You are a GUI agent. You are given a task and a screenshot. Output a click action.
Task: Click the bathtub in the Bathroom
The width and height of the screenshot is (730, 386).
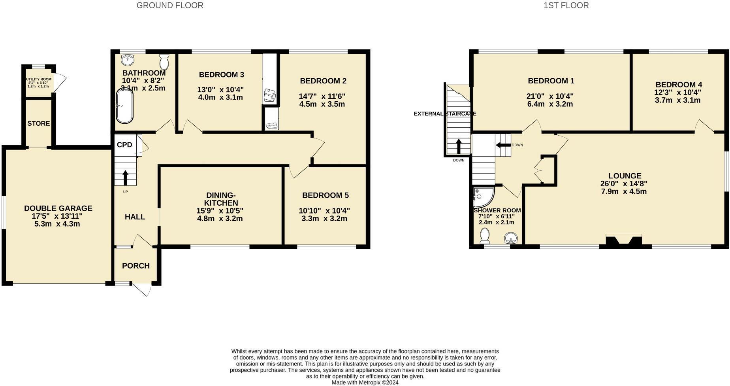(x=124, y=106)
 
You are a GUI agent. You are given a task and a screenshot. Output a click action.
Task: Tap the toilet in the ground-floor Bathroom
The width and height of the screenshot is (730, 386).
(x=164, y=62)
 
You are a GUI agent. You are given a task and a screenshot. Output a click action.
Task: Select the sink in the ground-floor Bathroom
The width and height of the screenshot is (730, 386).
(x=127, y=60)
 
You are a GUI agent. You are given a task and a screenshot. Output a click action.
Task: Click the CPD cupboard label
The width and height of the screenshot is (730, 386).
(x=124, y=145)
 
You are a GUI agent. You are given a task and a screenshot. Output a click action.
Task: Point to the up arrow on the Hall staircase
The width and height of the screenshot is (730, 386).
(x=126, y=178)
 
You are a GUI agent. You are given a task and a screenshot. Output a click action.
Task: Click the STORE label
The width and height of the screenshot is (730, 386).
(x=39, y=123)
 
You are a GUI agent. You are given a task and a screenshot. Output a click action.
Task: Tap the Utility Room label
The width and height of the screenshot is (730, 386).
(x=39, y=79)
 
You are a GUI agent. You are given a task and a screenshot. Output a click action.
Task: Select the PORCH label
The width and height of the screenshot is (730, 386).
(x=136, y=266)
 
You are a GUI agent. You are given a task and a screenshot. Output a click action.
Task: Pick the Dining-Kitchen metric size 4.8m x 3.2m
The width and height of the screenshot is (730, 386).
(x=220, y=219)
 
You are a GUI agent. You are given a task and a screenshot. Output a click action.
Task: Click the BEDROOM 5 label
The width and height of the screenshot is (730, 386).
(x=325, y=195)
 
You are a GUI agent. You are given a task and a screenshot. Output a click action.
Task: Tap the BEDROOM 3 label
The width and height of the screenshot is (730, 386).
(x=221, y=75)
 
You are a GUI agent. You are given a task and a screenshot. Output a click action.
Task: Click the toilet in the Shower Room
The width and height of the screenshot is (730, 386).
(x=484, y=237)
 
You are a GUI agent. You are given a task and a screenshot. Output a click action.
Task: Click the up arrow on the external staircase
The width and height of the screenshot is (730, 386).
(x=459, y=146)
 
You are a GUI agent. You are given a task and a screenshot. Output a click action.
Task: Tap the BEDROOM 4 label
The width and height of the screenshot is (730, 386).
(x=679, y=85)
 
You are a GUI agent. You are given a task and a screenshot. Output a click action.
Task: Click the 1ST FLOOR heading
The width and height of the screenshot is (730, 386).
(x=566, y=6)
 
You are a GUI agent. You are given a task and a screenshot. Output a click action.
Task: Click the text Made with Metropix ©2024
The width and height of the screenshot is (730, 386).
(x=365, y=382)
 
